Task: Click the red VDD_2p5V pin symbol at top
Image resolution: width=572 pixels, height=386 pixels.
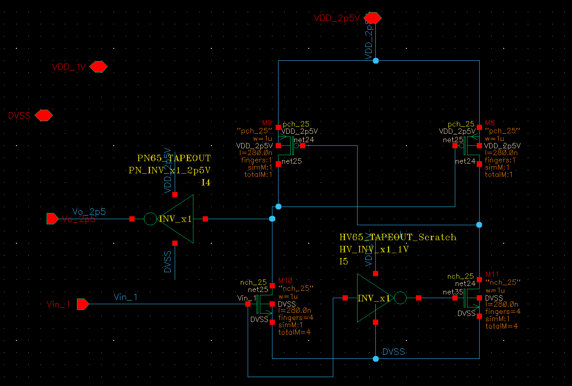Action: [x=373, y=18]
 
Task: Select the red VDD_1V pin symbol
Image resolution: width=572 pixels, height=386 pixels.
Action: [x=98, y=67]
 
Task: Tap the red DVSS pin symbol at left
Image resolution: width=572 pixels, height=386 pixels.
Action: [x=43, y=115]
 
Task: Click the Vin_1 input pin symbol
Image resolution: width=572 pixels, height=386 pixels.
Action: [x=83, y=304]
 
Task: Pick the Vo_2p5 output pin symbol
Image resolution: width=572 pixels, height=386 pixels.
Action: [x=52, y=219]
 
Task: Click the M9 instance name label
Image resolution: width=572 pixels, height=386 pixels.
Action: [x=267, y=123]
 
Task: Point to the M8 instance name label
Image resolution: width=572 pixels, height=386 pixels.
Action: [x=490, y=123]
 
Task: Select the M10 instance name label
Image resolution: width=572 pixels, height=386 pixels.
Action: [x=285, y=281]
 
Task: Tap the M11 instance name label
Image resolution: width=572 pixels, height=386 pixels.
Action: [x=492, y=274]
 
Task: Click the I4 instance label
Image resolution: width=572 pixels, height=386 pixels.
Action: [x=206, y=183]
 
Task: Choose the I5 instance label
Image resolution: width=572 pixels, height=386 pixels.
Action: [x=344, y=262]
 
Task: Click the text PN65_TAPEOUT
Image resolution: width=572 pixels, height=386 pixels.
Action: [x=174, y=158]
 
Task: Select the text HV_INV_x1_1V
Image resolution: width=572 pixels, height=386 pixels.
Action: [x=374, y=250]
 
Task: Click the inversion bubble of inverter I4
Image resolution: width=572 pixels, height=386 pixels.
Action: [x=150, y=219]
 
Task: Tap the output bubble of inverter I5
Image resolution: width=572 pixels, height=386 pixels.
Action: [x=400, y=298]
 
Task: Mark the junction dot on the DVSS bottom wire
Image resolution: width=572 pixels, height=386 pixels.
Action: [x=376, y=359]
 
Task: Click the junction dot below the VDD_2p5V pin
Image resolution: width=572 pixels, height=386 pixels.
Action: [x=376, y=61]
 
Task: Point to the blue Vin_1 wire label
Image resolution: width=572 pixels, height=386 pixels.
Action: [x=125, y=297]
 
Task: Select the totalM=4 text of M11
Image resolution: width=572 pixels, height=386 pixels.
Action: [x=501, y=326]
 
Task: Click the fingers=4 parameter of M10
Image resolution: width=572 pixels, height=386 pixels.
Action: [x=296, y=318]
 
